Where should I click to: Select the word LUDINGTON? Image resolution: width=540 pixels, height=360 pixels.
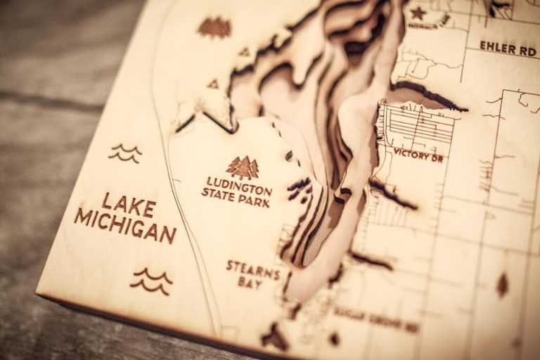(239, 184)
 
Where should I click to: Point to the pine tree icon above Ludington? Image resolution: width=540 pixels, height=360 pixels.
(243, 167)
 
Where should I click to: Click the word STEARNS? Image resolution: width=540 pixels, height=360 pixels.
(253, 268)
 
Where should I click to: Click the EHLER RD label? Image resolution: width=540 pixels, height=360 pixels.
(509, 48)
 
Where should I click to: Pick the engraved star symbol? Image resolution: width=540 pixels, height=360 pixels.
(418, 12)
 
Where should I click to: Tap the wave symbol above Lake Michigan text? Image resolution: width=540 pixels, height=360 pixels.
(126, 152)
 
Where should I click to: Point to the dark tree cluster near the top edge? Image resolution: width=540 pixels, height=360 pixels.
(214, 27)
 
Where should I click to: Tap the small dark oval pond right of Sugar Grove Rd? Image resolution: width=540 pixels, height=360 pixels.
(502, 284)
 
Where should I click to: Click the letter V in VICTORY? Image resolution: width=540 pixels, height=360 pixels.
(397, 151)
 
